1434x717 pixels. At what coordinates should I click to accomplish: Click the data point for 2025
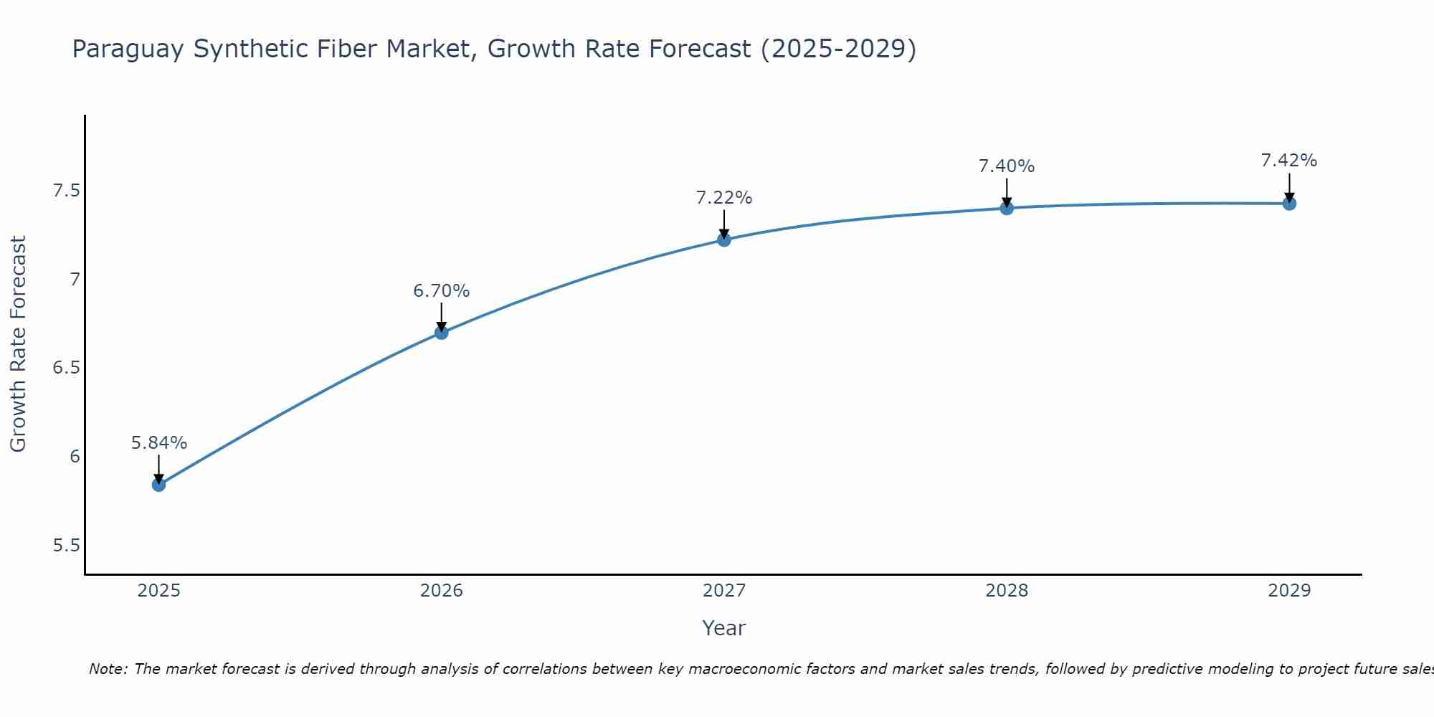[158, 485]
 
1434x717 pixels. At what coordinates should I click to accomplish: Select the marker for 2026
[442, 333]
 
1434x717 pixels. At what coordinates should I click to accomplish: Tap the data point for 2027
[724, 239]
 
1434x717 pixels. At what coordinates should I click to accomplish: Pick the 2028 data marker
[1007, 208]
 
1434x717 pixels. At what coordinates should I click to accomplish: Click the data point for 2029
[1289, 204]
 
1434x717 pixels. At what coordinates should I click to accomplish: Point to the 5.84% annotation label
[158, 443]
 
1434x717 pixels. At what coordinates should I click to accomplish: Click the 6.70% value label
[442, 291]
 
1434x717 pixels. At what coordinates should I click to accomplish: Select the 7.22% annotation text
[724, 198]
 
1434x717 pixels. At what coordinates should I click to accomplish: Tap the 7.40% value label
[1007, 166]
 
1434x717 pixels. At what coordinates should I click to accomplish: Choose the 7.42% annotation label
[1289, 161]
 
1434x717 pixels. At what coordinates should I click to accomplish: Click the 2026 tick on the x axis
[442, 591]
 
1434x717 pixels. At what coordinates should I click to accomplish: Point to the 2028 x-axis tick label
[1007, 591]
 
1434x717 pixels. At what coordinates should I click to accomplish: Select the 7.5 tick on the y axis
[66, 191]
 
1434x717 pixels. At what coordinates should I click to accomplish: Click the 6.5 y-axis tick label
[66, 368]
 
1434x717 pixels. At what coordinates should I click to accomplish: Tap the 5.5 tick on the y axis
[66, 546]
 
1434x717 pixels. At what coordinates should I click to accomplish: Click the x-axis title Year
[724, 628]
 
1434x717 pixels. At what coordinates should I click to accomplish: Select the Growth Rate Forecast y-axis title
[18, 344]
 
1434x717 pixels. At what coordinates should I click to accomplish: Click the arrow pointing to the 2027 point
[724, 224]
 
